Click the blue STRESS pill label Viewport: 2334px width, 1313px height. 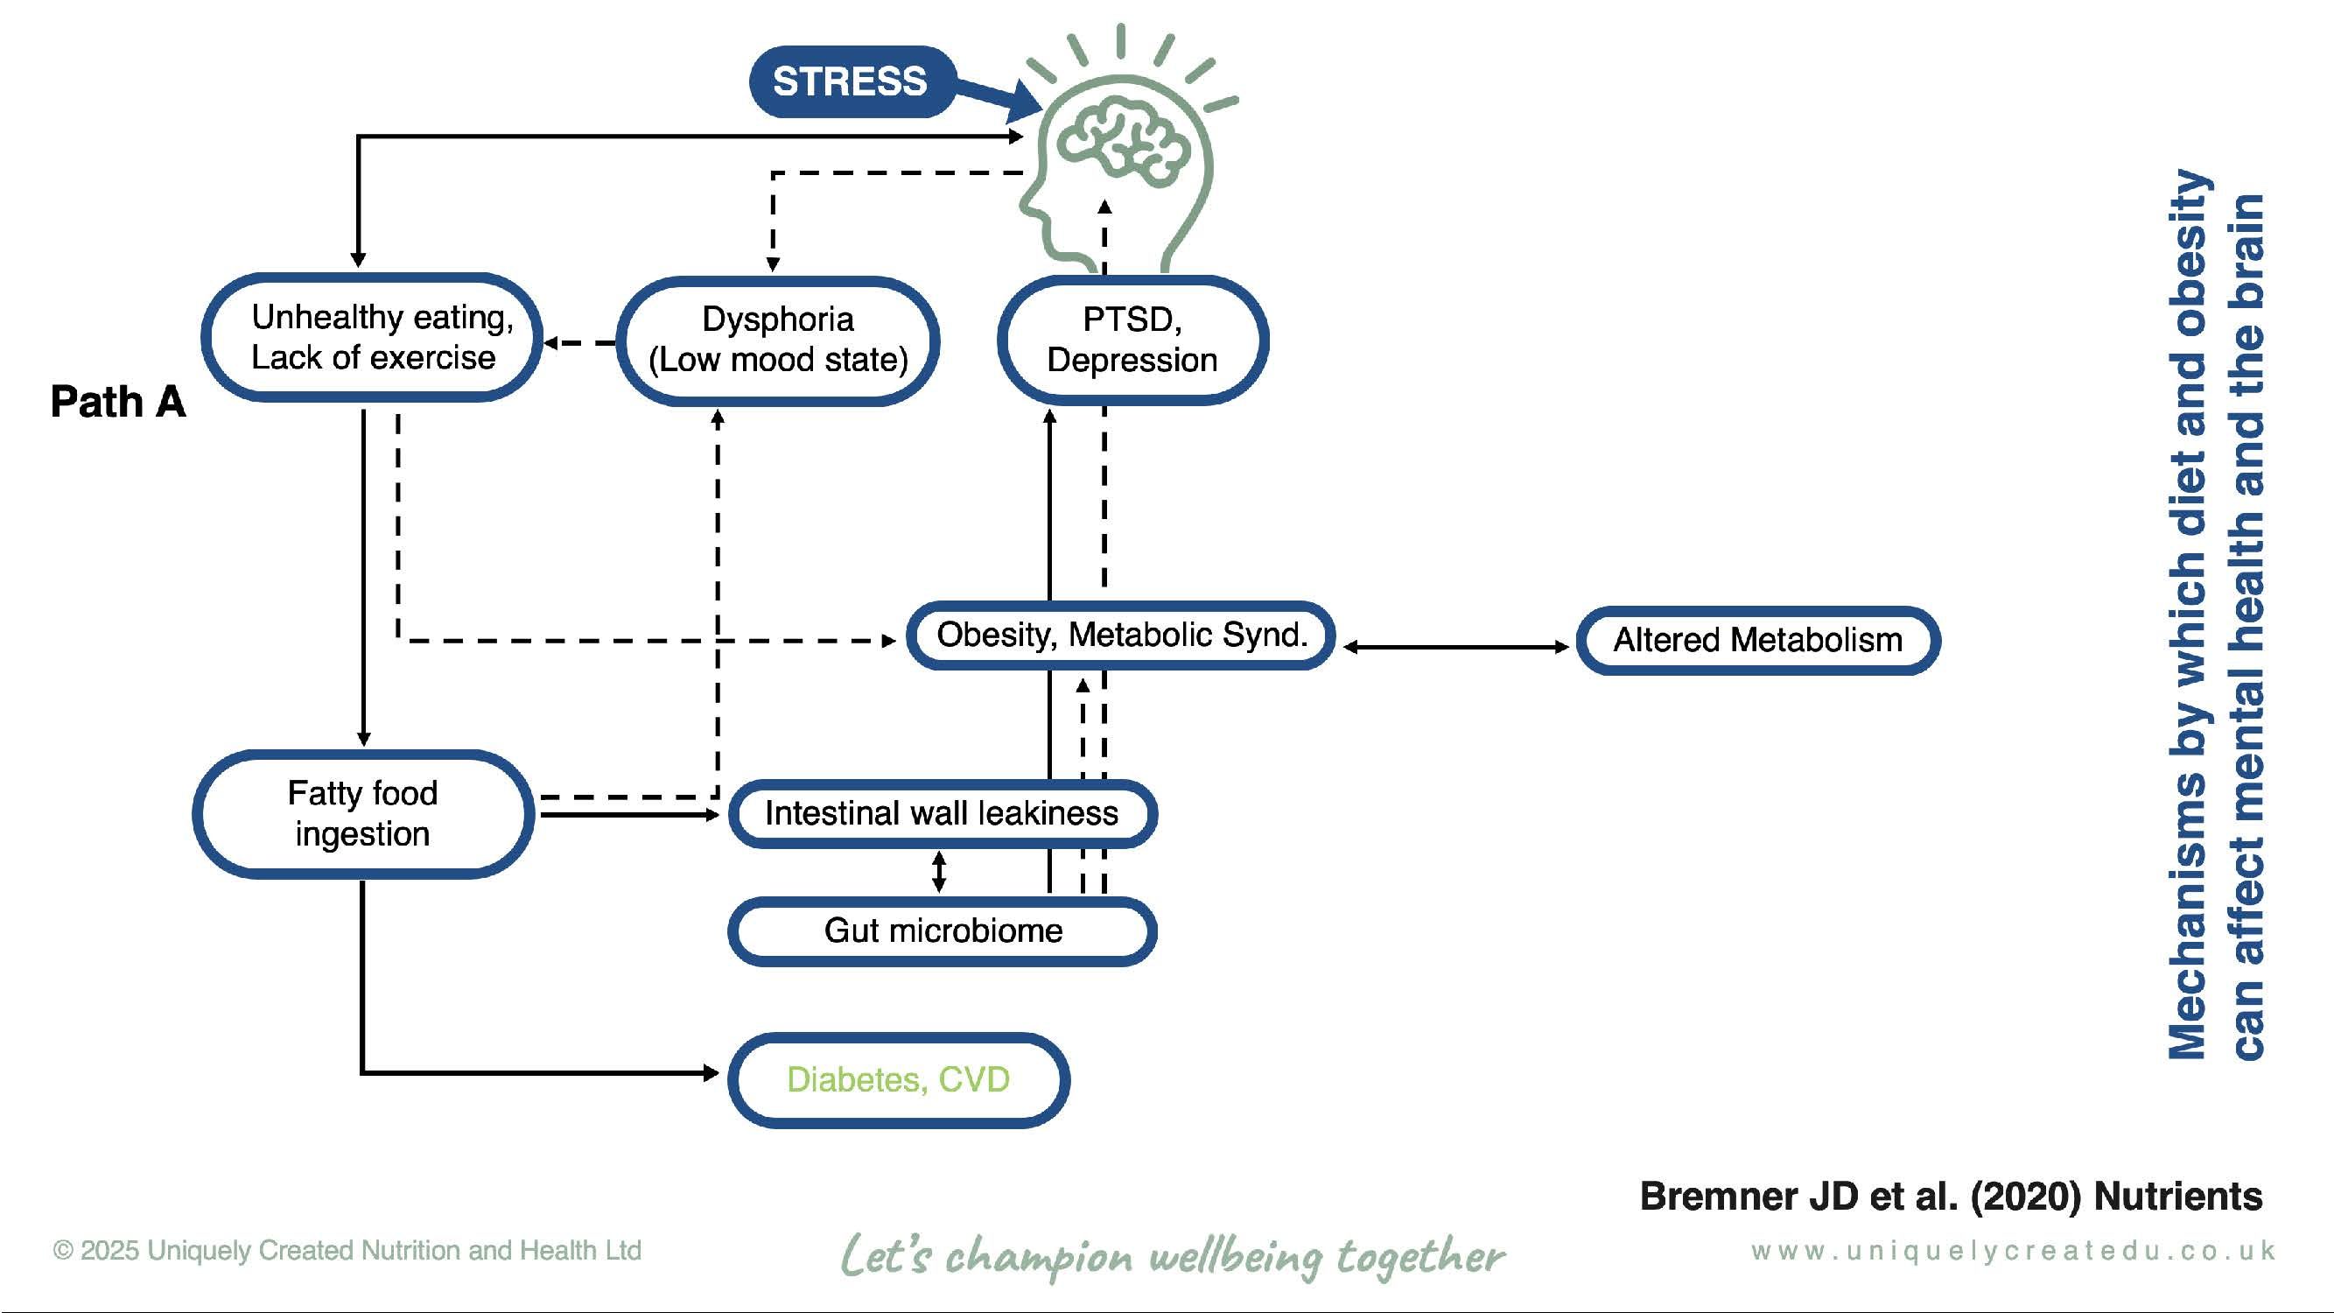[x=850, y=81]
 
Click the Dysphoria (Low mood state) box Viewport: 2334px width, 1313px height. [x=777, y=340]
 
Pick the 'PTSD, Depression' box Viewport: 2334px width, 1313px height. [x=1132, y=340]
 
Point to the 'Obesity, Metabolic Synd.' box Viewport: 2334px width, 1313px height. [x=1121, y=635]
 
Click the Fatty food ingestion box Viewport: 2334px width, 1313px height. [x=362, y=814]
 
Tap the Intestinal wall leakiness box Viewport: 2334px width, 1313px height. [x=942, y=814]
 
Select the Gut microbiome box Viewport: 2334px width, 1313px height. [x=943, y=931]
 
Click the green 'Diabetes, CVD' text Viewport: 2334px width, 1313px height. [x=898, y=1079]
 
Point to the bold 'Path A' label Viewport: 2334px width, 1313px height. [x=118, y=402]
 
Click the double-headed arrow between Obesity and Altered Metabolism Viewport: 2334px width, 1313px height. [x=1456, y=647]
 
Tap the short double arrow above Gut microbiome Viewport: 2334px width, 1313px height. [x=940, y=872]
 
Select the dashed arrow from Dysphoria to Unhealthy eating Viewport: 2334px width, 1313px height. [x=580, y=342]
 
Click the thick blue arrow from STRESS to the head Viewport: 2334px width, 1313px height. [x=997, y=96]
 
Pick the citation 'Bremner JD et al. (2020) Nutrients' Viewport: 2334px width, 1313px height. [x=1951, y=1196]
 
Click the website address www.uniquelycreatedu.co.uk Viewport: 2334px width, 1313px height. [x=2012, y=1252]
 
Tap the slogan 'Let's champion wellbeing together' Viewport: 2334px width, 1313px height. [x=1173, y=1256]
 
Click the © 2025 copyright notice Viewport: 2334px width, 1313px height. [x=347, y=1251]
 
